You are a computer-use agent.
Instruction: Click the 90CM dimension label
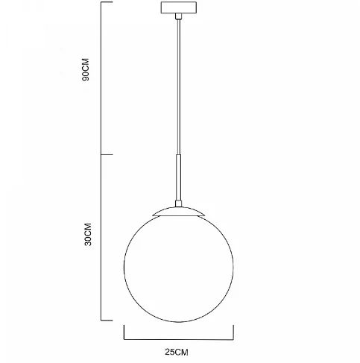[x=86, y=69]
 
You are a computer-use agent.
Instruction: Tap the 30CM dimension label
[x=88, y=234]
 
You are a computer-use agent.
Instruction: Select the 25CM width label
[x=177, y=352]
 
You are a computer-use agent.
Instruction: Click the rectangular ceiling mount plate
[x=179, y=7]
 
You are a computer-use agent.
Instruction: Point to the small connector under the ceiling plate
[x=178, y=16]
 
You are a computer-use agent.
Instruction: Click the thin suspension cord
[x=178, y=86]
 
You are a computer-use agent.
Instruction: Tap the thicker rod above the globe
[x=178, y=177]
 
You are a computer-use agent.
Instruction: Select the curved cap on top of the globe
[x=178, y=212]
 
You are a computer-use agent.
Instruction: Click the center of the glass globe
[x=179, y=268]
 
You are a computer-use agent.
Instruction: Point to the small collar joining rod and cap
[x=178, y=203]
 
